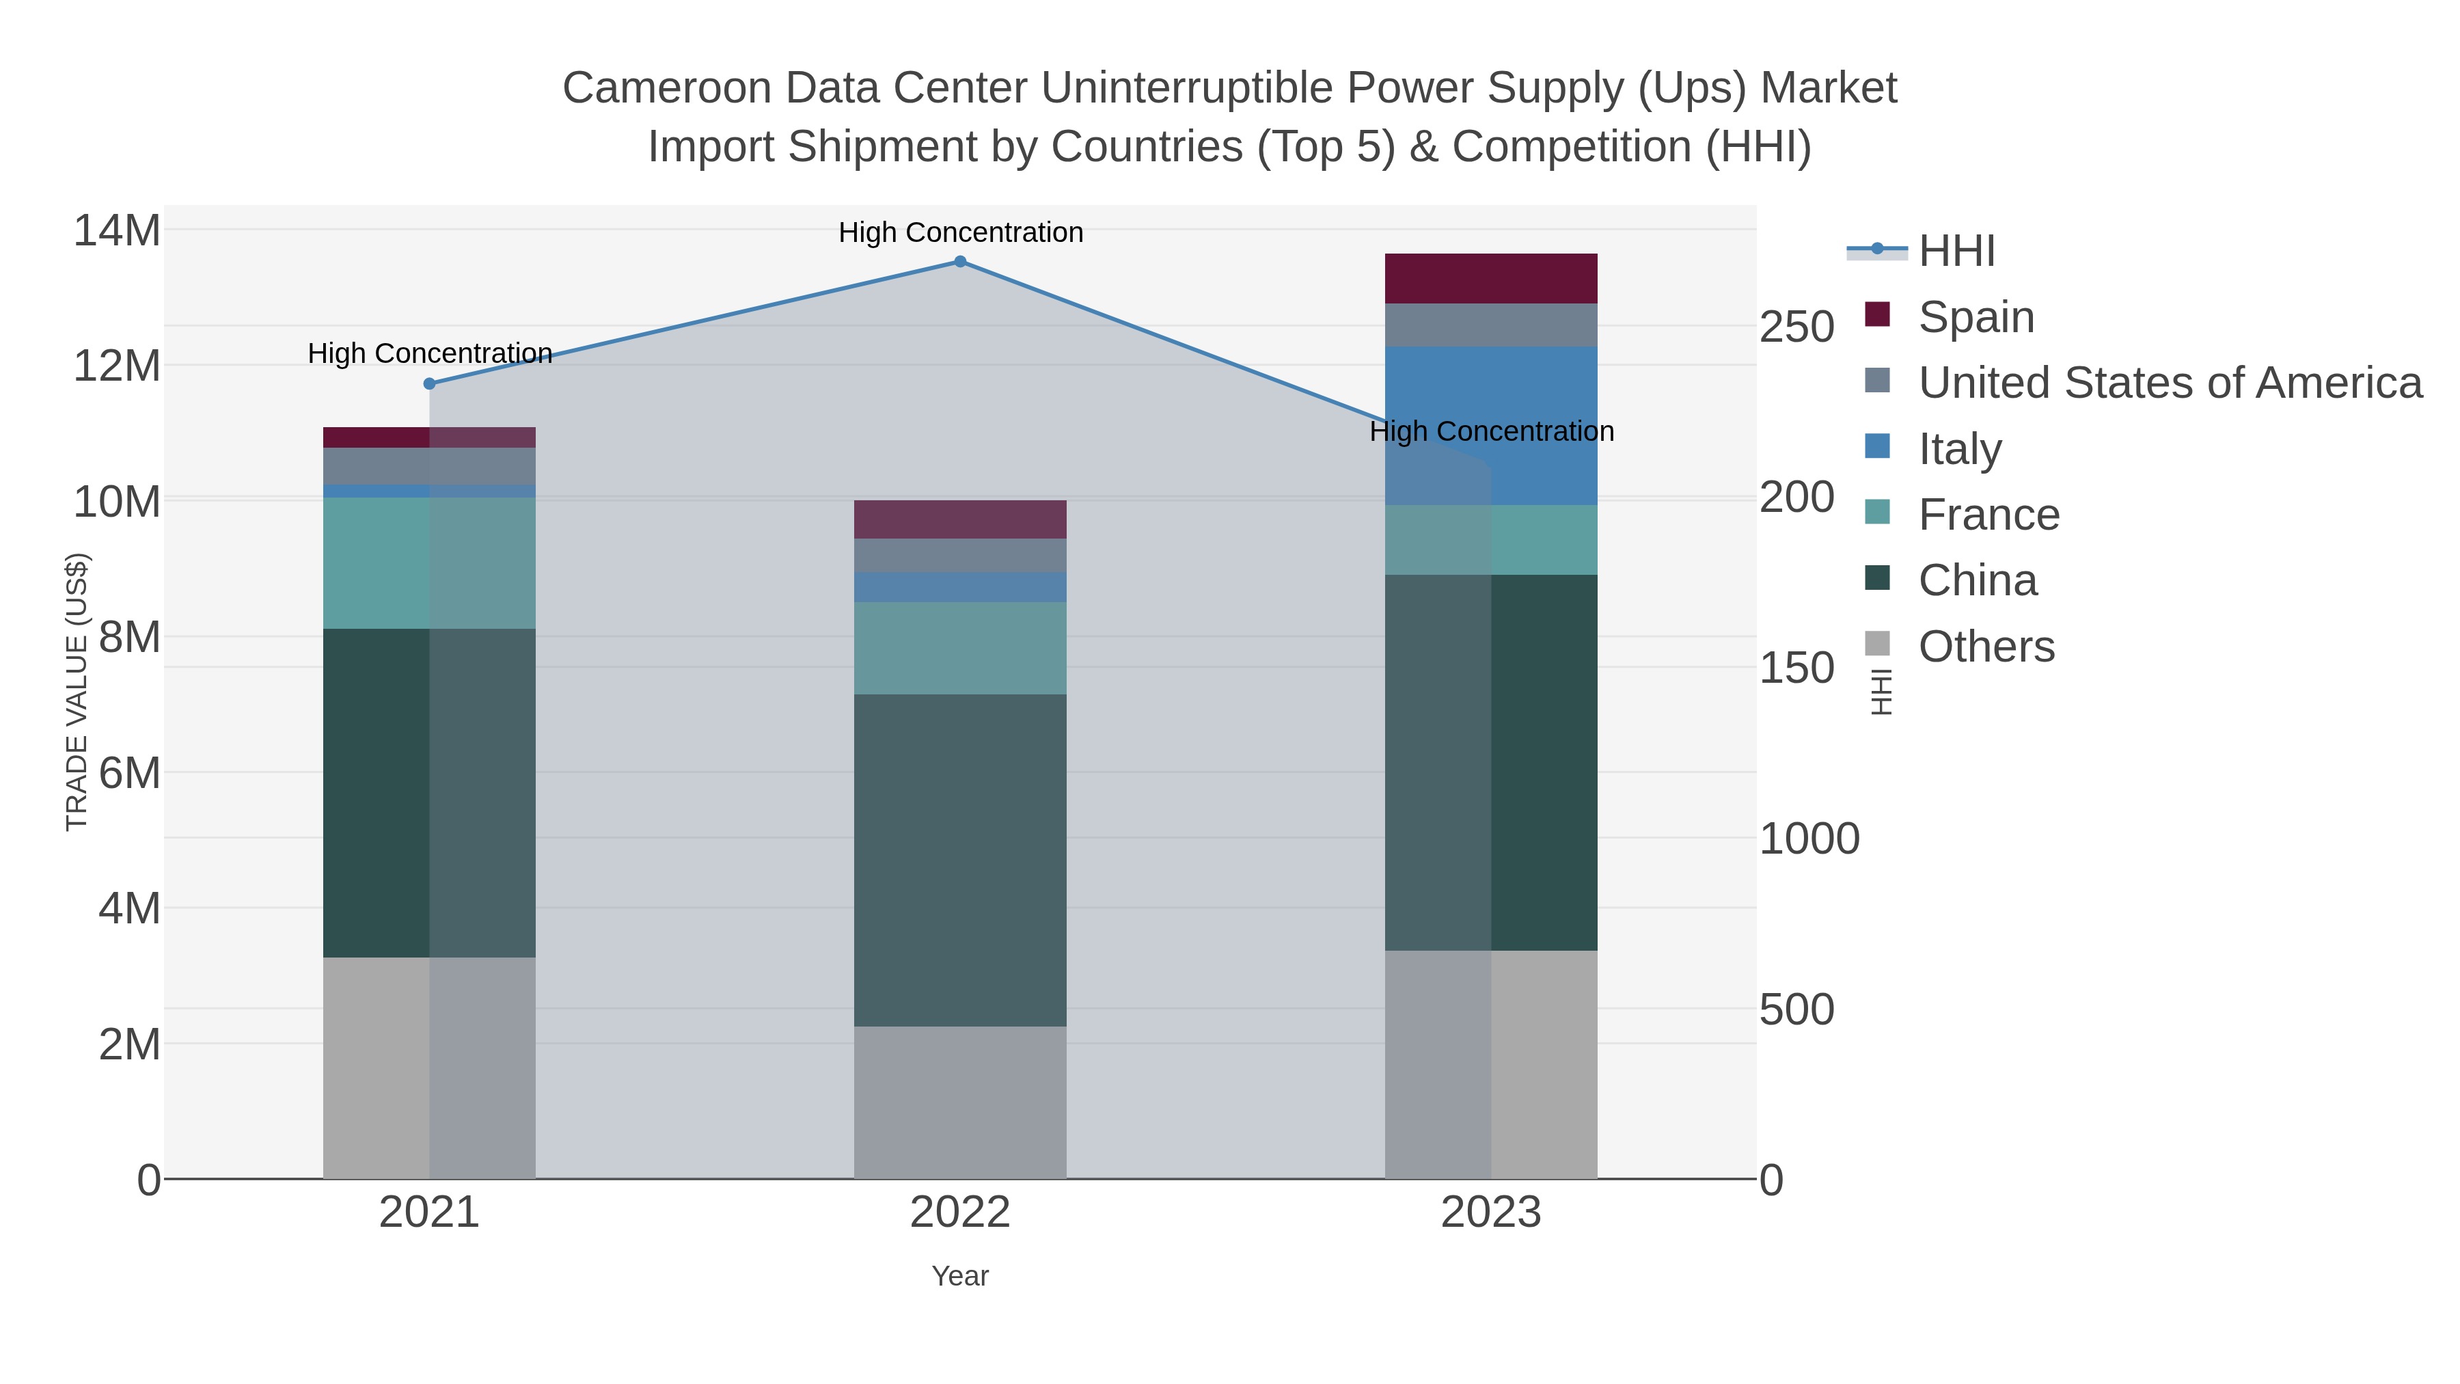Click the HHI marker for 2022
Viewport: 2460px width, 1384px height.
coord(960,262)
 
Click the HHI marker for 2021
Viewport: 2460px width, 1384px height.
coord(430,384)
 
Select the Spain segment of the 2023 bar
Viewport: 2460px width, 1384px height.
coord(1491,278)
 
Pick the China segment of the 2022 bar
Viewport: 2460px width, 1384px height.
coord(960,860)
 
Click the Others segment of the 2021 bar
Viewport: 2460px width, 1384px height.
coord(430,1068)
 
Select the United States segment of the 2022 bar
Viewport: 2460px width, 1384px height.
coord(960,555)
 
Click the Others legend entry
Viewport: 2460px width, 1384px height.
coord(1985,647)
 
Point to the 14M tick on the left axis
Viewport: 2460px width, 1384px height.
coord(116,231)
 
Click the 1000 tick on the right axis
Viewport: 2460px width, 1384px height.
coord(1809,839)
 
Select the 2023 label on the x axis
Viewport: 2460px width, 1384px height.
coord(1491,1213)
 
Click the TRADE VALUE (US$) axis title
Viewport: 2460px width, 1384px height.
coord(77,692)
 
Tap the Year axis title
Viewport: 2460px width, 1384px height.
coord(960,1276)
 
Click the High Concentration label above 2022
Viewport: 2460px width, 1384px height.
coord(960,233)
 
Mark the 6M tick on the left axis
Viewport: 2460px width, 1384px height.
coord(129,773)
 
